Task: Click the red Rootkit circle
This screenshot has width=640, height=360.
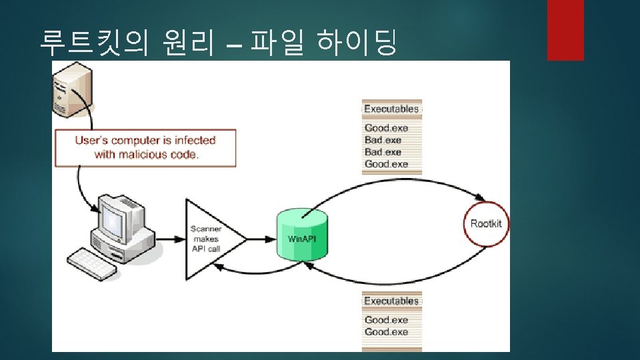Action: coord(486,224)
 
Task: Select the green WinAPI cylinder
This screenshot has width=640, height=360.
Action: coord(303,237)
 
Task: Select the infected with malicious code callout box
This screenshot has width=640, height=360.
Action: coord(145,147)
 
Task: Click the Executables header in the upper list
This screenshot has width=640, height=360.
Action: coord(391,109)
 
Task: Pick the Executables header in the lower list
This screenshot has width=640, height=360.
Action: coord(391,301)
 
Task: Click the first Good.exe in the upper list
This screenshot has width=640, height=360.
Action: coord(386,127)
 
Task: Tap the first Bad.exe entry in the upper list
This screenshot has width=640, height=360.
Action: coord(383,140)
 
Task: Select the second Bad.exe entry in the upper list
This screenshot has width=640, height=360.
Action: coord(383,152)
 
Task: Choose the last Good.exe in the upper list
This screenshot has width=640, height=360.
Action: coord(386,164)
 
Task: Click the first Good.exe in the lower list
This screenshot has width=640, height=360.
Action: coord(386,319)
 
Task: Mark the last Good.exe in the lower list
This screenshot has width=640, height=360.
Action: coord(386,331)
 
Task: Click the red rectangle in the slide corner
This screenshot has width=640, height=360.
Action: coord(565,30)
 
